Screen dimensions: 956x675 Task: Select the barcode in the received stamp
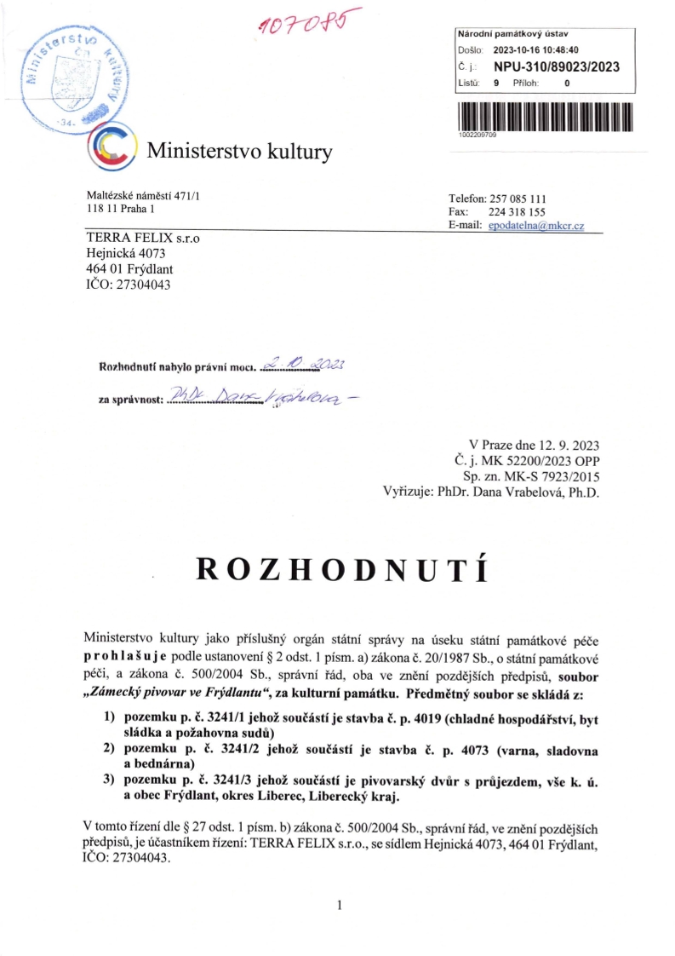click(546, 115)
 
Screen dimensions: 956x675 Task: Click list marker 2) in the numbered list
click(108, 749)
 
